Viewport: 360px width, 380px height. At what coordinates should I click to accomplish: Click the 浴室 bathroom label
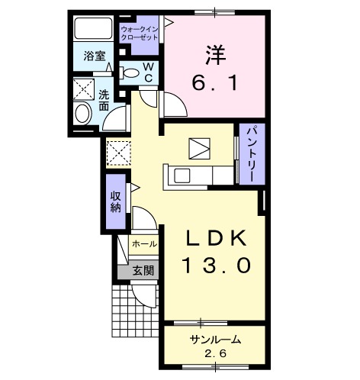94,56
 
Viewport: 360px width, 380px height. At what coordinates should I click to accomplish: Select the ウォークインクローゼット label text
140,33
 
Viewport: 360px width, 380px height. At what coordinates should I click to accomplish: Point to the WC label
149,72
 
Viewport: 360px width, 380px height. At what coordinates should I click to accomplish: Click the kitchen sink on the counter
184,175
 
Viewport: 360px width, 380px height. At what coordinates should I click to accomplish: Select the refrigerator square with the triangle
199,147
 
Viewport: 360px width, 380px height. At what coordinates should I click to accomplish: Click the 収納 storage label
116,202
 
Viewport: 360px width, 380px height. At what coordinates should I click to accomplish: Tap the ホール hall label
143,244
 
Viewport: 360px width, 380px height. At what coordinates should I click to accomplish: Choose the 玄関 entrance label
143,269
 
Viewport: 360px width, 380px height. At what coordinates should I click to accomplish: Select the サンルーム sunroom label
214,340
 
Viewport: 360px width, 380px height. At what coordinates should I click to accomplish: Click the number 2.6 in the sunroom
215,355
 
